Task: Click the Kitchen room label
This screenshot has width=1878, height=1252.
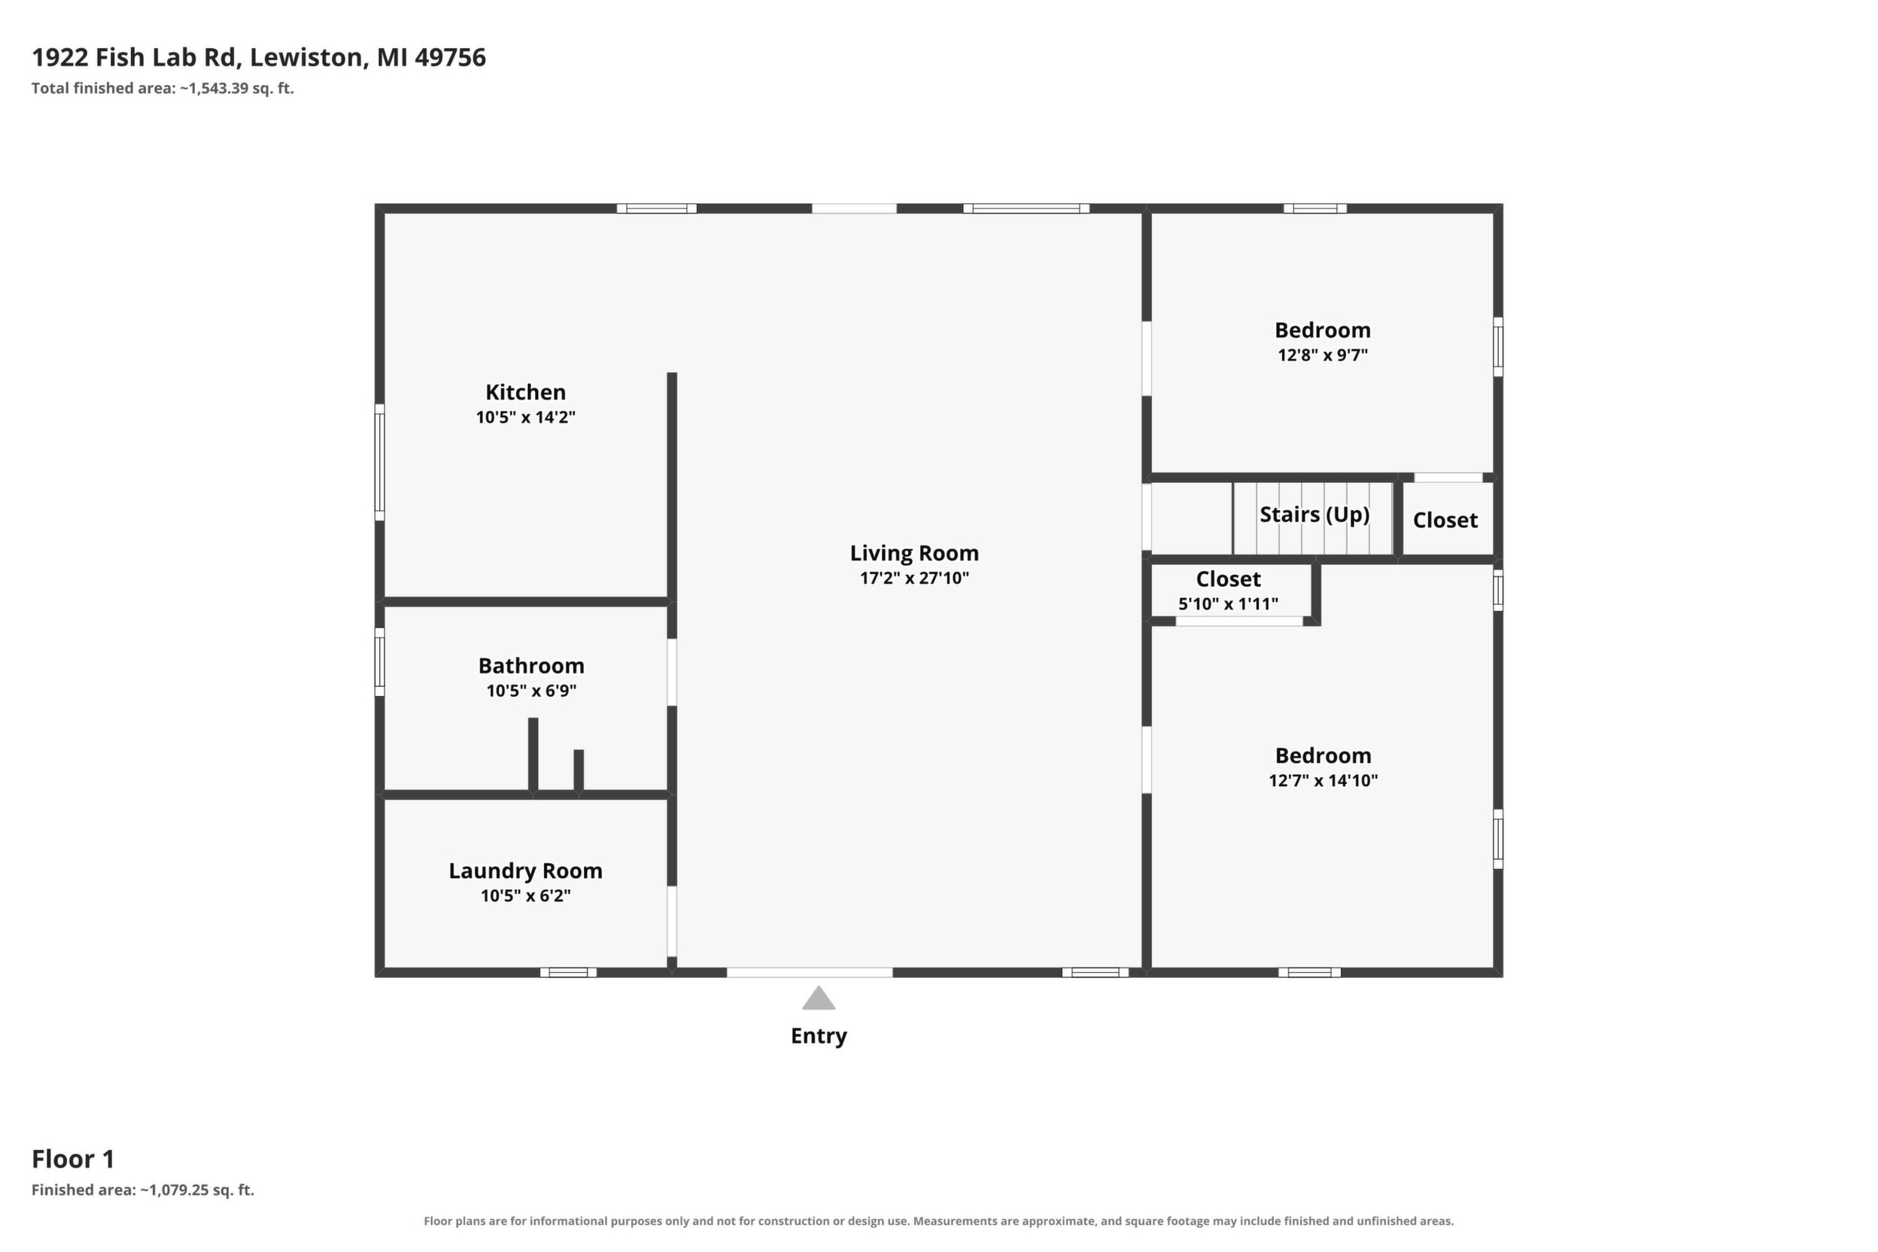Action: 525,392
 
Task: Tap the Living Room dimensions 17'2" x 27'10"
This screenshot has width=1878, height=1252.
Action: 914,578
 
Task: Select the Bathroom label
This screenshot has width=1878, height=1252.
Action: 531,666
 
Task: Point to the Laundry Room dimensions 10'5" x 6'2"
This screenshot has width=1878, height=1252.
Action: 525,896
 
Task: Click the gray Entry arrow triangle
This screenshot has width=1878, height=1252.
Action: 819,999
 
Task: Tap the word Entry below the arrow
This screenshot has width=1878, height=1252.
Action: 819,1036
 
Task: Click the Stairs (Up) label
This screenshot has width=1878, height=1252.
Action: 1314,514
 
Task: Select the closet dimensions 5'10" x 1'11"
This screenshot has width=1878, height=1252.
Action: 1228,603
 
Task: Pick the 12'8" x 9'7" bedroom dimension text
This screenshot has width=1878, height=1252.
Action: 1322,354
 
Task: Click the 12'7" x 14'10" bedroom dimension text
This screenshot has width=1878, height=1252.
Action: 1323,780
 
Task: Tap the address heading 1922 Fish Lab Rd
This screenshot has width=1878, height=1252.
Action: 135,57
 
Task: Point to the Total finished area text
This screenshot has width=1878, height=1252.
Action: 163,89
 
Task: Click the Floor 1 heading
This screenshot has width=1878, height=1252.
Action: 74,1159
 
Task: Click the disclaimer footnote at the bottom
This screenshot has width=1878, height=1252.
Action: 938,1221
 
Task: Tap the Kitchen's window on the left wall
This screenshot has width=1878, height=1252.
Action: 380,462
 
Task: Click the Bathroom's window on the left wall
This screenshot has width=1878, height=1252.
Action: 380,662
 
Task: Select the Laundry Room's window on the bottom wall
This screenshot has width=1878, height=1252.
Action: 568,973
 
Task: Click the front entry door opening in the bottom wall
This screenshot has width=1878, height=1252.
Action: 809,973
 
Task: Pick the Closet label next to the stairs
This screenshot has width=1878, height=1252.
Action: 1445,521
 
